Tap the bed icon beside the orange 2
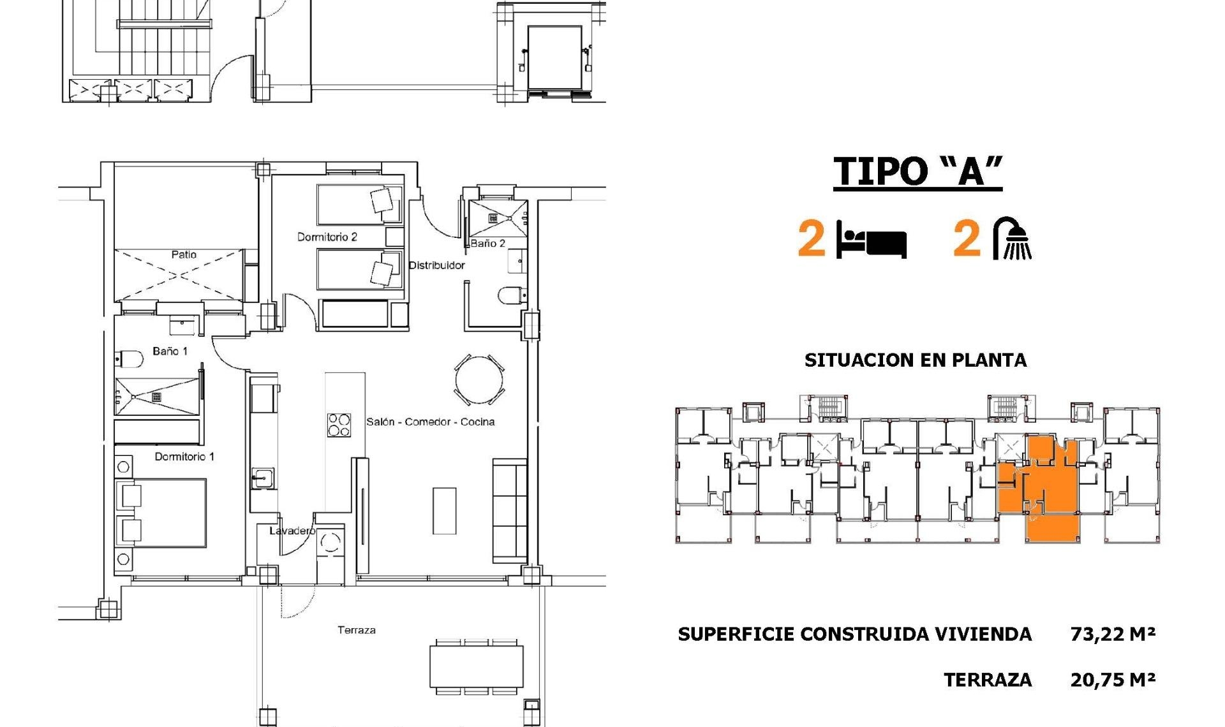point(872,240)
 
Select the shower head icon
point(1013,239)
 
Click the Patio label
point(184,254)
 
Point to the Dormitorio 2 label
point(327,237)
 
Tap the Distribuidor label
point(436,265)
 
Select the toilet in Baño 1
point(130,359)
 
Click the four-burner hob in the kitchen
point(339,425)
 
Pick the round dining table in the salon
point(479,380)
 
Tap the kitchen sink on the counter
point(262,478)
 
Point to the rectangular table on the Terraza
point(476,666)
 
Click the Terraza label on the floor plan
point(356,630)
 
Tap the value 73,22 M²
point(1113,634)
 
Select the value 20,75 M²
point(1113,680)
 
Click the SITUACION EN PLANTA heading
point(916,360)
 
